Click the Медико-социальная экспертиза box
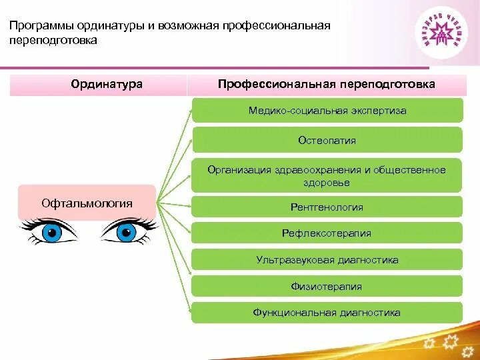click(327, 111)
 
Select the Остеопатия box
click(327, 141)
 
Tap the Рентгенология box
click(327, 207)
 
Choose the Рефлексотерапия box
click(327, 233)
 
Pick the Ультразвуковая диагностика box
click(327, 260)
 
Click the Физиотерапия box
click(327, 287)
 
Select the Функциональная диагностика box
click(327, 313)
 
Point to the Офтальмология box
click(87, 203)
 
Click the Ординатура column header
click(98, 85)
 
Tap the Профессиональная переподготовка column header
click(327, 85)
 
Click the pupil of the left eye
click(51, 233)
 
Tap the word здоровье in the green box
click(327, 183)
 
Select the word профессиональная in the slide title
click(285, 26)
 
